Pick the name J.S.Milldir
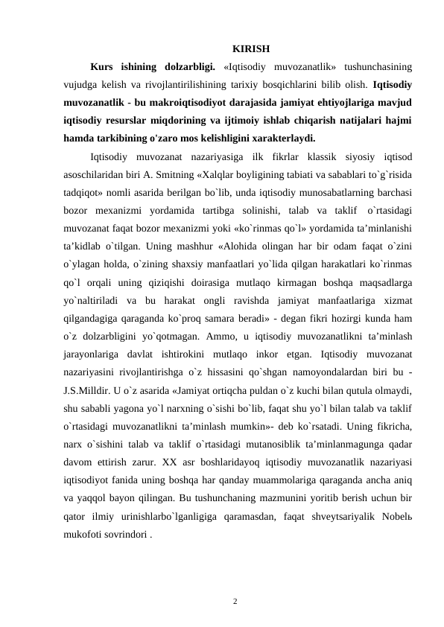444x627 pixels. point(89,388)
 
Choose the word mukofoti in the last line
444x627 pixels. point(86,531)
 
